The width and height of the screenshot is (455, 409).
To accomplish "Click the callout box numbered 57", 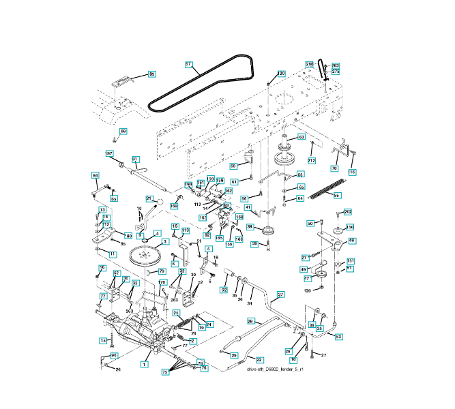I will point(189,64).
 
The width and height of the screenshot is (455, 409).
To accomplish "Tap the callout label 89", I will point(151,74).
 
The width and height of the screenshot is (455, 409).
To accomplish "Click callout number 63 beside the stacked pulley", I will point(301,137).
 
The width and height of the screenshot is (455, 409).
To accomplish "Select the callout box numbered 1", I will point(144,365).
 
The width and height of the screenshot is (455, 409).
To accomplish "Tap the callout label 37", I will point(280,296).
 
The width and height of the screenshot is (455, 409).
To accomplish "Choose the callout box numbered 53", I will point(339,337).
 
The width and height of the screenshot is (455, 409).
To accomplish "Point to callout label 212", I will point(312,161).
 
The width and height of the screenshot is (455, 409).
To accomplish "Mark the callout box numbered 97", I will point(109,154).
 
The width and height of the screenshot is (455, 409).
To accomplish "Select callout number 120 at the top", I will point(281,74).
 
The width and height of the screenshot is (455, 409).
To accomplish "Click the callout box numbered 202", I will point(348,213).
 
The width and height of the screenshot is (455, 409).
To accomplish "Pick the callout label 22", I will point(259,359).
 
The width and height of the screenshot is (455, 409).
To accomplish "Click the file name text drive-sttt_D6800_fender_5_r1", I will point(274,369).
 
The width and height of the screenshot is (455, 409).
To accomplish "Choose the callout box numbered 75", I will point(164,372).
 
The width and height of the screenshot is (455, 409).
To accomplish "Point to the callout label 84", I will point(95,176).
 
